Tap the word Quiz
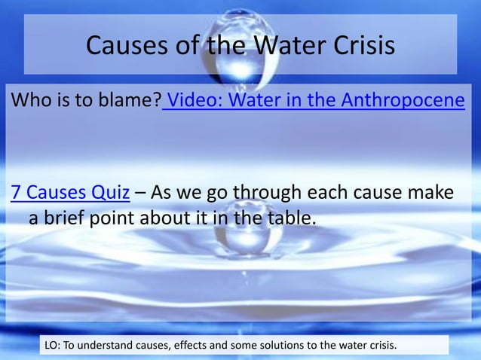click(112, 193)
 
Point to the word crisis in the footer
click(379, 346)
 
